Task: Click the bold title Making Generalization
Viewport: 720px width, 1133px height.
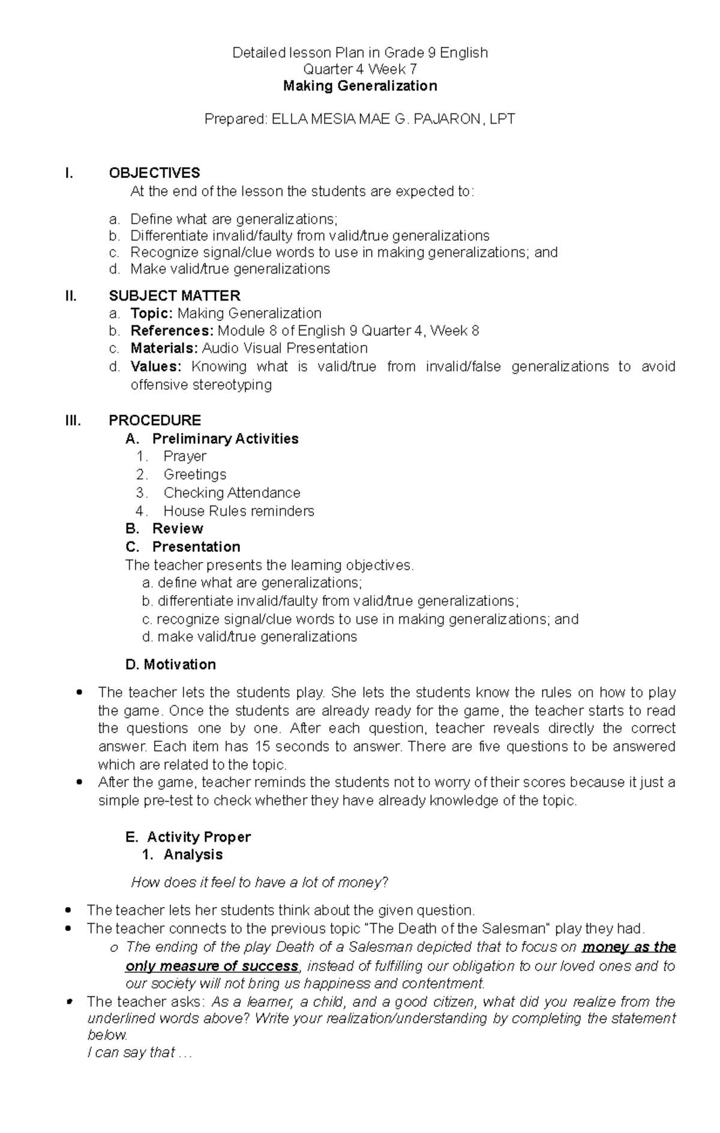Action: coord(360,86)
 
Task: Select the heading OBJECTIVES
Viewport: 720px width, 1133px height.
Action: coord(154,173)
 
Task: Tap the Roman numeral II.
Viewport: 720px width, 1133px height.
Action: coord(71,296)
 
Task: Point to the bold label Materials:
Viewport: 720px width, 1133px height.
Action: coord(164,348)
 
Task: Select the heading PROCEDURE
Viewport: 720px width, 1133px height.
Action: coord(154,420)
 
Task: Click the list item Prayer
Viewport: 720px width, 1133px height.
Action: coord(185,456)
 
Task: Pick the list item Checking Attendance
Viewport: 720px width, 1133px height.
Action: coord(232,492)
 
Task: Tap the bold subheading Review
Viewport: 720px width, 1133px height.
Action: coord(178,528)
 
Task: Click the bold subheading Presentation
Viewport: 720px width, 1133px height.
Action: coord(196,546)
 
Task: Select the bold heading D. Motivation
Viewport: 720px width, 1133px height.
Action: coord(171,664)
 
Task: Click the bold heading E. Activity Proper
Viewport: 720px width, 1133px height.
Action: coord(188,837)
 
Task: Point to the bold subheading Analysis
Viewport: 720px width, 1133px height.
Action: coord(193,854)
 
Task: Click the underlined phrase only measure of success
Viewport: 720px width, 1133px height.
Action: coord(212,966)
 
